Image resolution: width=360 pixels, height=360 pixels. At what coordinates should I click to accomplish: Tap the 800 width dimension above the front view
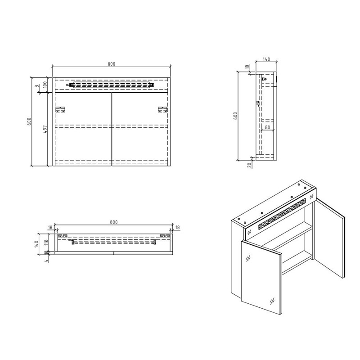tap(111, 64)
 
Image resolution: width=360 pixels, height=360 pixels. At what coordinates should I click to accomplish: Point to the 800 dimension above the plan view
tap(113, 222)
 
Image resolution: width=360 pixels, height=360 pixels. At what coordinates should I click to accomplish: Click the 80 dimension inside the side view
tap(267, 127)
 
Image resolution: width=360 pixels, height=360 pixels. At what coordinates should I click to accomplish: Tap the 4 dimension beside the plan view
tap(46, 261)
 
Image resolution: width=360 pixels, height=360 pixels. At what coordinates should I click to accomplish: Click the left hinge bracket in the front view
tap(60, 109)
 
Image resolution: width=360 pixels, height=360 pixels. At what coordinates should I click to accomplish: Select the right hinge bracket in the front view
tap(162, 109)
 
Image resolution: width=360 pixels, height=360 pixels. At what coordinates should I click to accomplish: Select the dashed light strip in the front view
tap(111, 84)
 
